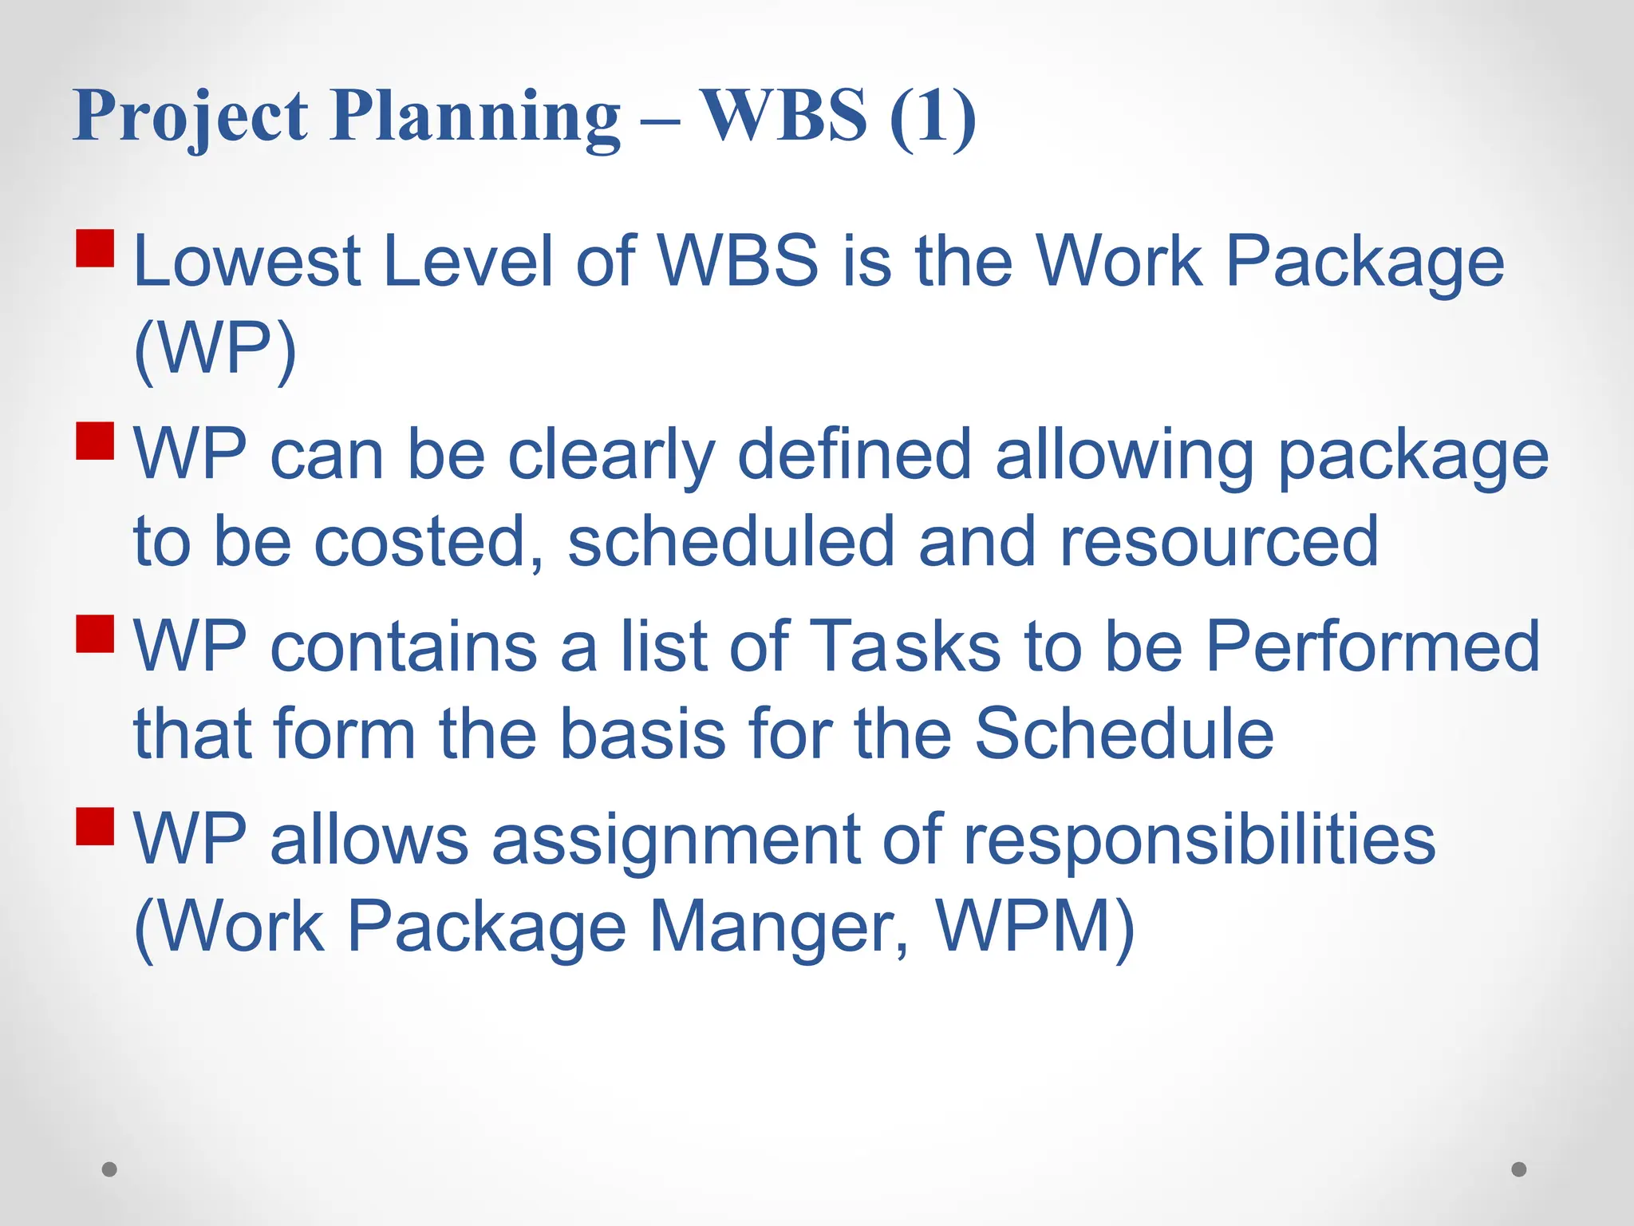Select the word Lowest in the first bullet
(247, 262)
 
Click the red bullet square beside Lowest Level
(96, 248)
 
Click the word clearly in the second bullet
(611, 455)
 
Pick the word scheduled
(731, 542)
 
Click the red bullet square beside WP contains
(96, 634)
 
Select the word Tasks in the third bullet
(906, 647)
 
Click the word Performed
(1372, 647)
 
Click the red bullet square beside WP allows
(96, 826)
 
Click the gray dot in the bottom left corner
(110, 1169)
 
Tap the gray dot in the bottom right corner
(1519, 1169)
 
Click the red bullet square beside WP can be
(96, 441)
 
